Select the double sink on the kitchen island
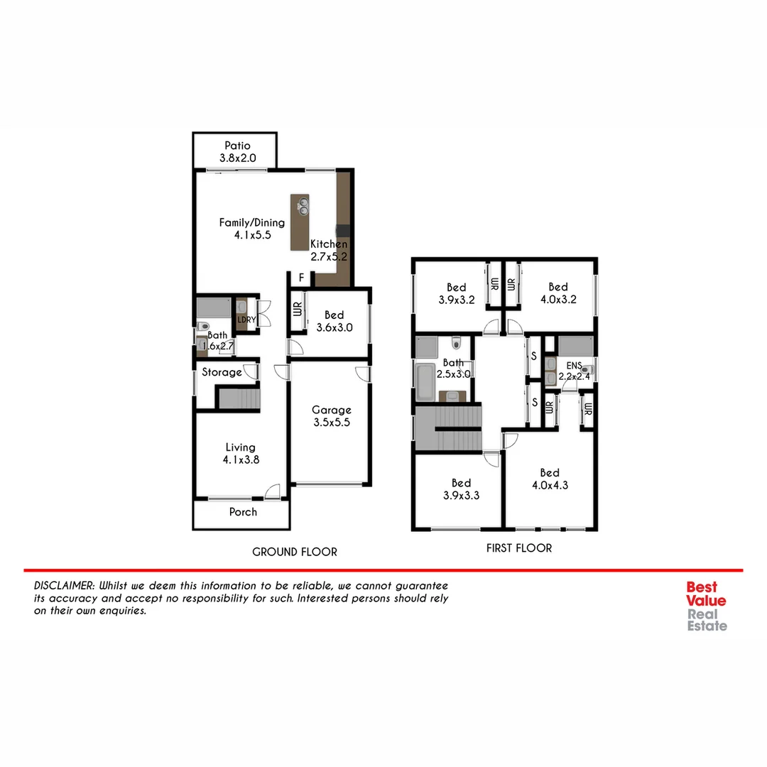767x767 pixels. point(303,206)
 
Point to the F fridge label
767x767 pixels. point(301,277)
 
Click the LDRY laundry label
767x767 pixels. point(246,320)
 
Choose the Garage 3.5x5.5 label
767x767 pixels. point(332,415)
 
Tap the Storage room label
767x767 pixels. point(222,372)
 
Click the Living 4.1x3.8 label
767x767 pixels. point(240,452)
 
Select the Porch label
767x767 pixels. point(243,511)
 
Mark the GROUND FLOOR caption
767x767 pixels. point(295,552)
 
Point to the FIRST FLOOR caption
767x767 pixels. point(518,548)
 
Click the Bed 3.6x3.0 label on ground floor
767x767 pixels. point(334,321)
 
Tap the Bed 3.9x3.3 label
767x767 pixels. point(461,489)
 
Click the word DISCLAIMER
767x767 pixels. point(65,586)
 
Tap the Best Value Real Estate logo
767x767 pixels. point(706,606)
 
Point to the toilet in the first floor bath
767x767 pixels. point(457,343)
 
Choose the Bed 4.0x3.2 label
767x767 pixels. point(557,293)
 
